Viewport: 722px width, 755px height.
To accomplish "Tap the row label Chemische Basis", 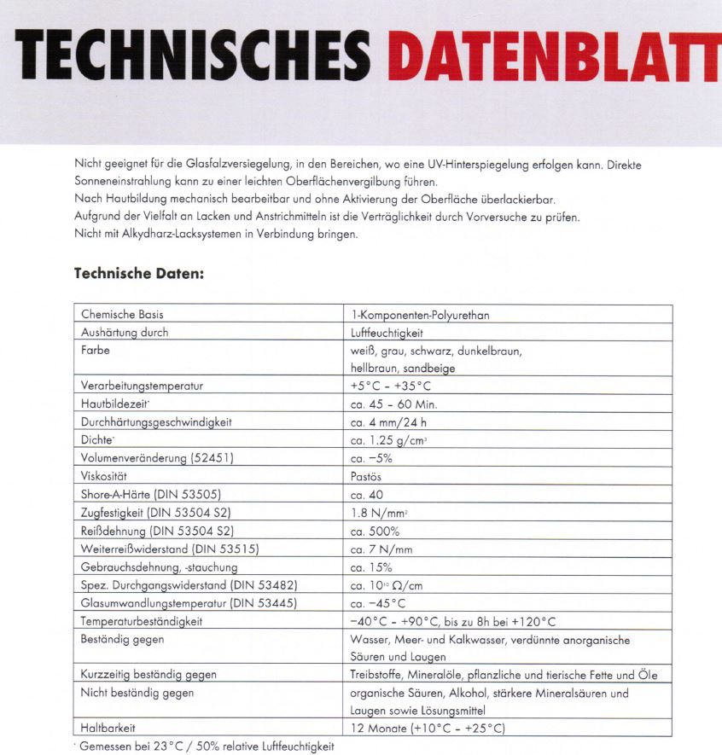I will click(x=122, y=315).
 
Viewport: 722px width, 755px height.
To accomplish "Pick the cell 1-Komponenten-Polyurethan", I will click(x=420, y=315).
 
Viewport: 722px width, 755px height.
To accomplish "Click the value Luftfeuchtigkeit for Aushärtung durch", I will click(x=387, y=333).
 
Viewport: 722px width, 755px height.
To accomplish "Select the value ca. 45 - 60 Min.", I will click(x=393, y=404).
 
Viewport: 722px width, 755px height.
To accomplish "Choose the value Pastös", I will click(x=366, y=476).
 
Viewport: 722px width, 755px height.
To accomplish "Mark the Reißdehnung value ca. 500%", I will click(x=375, y=531).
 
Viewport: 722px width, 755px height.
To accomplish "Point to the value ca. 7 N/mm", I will click(x=381, y=549).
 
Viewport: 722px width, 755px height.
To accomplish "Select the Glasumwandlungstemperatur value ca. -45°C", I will click(x=378, y=603).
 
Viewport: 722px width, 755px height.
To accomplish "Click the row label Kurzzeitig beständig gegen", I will click(x=148, y=675).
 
